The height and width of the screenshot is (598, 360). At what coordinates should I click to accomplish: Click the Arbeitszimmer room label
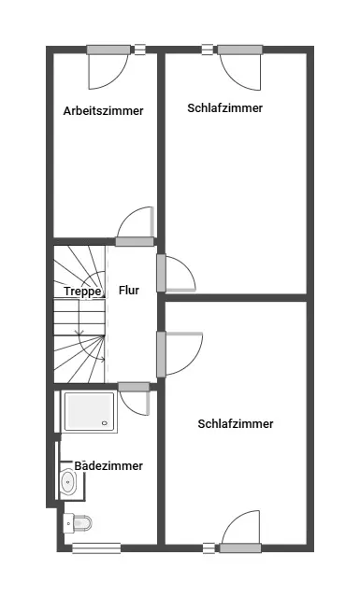103,111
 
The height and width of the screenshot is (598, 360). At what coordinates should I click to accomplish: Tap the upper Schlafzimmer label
224,108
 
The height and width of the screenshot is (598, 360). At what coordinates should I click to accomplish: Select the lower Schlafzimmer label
236,423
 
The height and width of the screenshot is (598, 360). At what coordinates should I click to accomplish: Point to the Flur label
129,291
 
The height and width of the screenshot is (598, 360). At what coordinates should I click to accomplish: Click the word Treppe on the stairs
83,292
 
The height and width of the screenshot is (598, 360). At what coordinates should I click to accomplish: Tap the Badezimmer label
108,465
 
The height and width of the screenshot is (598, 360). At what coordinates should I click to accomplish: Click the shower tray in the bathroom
90,411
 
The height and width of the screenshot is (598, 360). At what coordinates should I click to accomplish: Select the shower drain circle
105,422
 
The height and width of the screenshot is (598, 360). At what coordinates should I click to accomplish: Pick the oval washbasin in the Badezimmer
68,482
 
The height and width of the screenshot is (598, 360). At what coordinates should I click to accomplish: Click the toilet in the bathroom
78,522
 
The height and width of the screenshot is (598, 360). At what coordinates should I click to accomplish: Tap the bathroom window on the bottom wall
96,548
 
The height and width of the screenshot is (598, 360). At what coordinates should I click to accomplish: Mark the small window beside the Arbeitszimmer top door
140,50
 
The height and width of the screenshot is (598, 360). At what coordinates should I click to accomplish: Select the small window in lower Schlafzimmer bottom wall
209,548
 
